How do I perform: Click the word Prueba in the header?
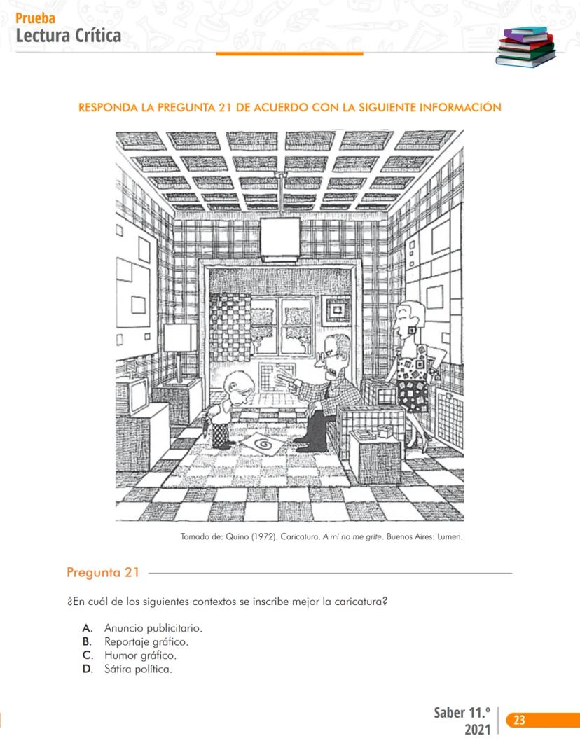click(34, 19)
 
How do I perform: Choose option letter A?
click(87, 628)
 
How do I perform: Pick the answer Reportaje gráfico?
click(146, 641)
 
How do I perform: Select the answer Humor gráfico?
click(140, 655)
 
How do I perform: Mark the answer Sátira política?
click(138, 669)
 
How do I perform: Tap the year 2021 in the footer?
click(478, 731)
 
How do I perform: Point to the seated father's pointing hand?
click(285, 381)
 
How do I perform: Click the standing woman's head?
click(406, 319)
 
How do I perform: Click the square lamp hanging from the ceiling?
click(280, 237)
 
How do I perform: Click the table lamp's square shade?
click(180, 338)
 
